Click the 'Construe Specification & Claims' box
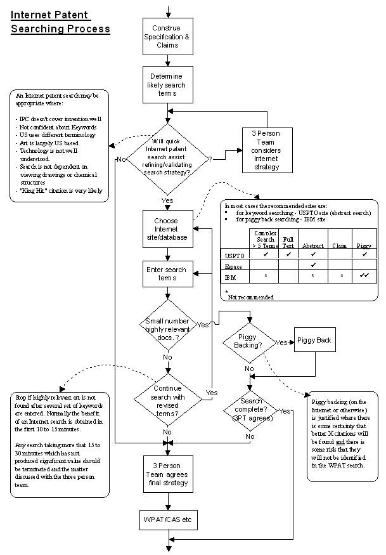pos(168,36)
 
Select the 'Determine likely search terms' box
pos(168,84)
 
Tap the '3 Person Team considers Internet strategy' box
pos(267,150)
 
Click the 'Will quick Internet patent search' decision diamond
pos(167,159)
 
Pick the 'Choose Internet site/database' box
pos(168,229)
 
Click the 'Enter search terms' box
pos(168,274)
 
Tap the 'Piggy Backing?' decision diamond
pos(250,343)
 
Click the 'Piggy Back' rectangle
pos(315,340)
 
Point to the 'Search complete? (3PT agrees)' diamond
pos(250,410)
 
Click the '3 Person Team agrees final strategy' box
pos(168,474)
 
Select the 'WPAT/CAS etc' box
pos(168,520)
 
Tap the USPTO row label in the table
pos(235,256)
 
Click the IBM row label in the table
pos(230,278)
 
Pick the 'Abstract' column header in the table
pos(312,245)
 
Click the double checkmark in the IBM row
pos(364,275)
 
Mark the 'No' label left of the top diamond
pos(121,159)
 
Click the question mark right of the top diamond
pos(210,159)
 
